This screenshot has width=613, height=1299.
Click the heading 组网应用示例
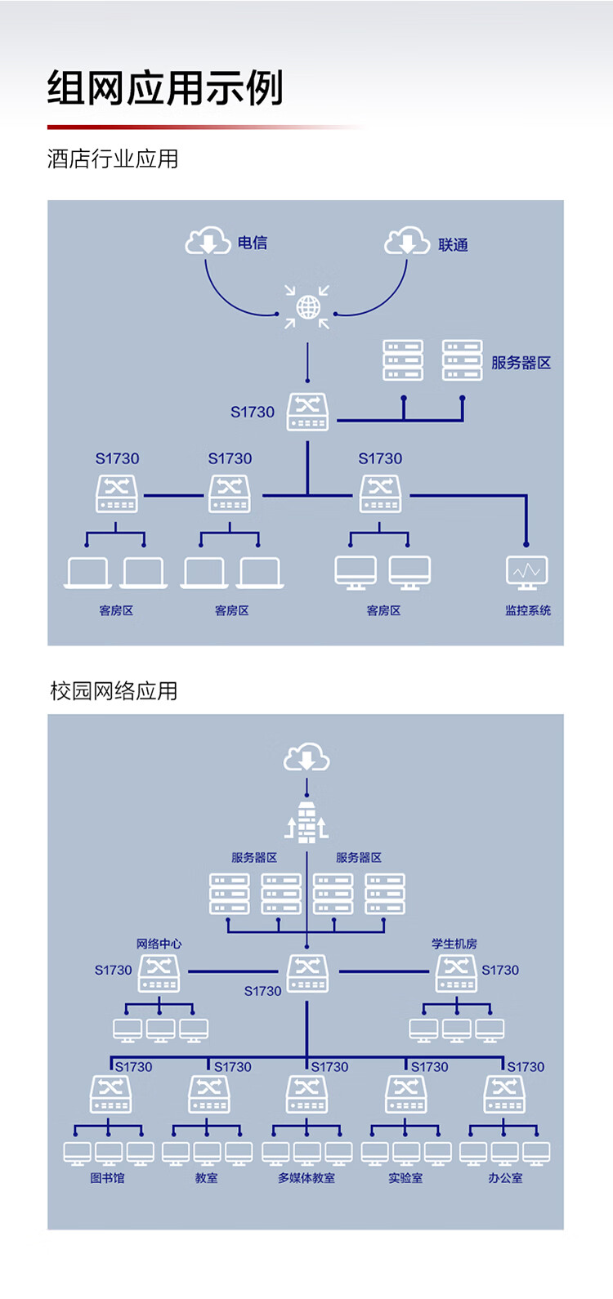(165, 88)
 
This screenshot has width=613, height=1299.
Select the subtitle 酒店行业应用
(113, 158)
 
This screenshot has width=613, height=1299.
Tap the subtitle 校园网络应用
(114, 691)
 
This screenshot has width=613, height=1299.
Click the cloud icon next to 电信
(208, 241)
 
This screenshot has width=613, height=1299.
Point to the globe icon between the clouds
(307, 307)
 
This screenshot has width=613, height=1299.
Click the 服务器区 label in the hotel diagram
(521, 363)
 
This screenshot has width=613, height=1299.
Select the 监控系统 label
(528, 610)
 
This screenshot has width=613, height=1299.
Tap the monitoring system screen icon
(527, 572)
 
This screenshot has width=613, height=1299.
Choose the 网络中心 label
(159, 944)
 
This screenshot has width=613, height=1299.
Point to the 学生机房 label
(454, 944)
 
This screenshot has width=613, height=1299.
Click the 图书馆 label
(107, 1178)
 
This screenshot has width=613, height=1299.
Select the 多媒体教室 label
(306, 1178)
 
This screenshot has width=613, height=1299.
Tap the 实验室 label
(405, 1178)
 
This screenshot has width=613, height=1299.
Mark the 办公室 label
(505, 1178)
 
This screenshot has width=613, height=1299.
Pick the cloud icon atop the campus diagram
(306, 758)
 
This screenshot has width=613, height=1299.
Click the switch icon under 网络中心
(159, 972)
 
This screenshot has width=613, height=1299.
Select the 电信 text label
(253, 243)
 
